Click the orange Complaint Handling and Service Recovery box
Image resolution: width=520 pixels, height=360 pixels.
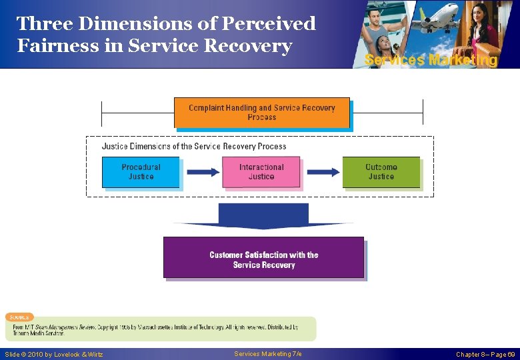(x=261, y=113)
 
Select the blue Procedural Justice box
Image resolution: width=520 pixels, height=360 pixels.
(x=141, y=172)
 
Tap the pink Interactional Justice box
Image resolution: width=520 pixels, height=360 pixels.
(x=261, y=172)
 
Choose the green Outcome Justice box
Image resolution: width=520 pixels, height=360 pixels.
(x=381, y=172)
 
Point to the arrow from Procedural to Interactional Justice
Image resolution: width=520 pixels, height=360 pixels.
(x=203, y=172)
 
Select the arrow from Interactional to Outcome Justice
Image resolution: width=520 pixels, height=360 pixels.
(x=323, y=172)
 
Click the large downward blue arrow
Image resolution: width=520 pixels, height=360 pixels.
(x=263, y=217)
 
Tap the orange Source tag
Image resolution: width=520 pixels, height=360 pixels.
(x=20, y=317)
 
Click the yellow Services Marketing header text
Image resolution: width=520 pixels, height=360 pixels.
(x=431, y=60)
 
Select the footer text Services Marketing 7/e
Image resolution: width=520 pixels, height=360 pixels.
(x=268, y=354)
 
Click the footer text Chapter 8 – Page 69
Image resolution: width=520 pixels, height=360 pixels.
(x=485, y=355)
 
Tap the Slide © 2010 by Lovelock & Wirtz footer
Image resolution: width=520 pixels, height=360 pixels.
(x=54, y=355)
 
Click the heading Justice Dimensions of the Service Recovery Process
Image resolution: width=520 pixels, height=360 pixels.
(x=194, y=146)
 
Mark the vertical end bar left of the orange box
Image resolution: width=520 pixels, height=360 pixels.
(x=101, y=113)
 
